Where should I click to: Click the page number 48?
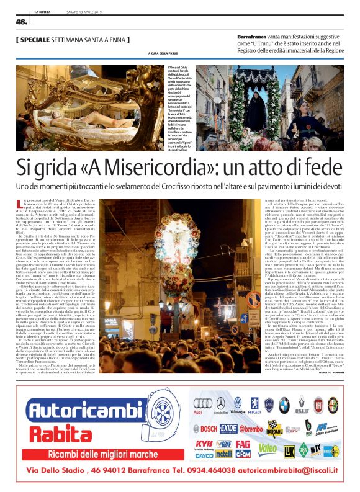(22, 22)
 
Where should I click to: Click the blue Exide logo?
(228, 428)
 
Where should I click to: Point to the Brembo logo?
(251, 428)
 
